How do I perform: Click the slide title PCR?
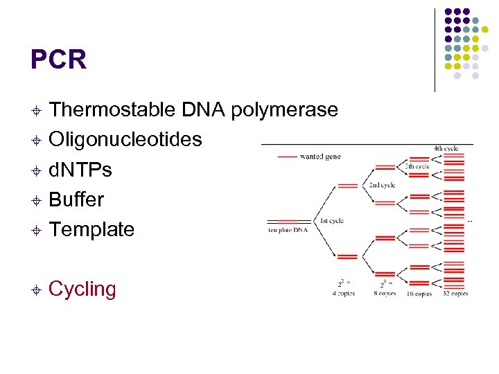click(58, 60)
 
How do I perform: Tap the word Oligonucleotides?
click(125, 140)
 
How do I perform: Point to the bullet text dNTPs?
click(80, 170)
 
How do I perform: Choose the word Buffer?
click(76, 199)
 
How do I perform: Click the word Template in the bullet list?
click(91, 229)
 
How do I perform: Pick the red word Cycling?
click(82, 289)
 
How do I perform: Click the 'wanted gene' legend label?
click(319, 157)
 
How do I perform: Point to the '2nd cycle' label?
click(382, 185)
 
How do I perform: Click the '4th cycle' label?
click(446, 148)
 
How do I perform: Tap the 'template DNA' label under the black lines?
click(288, 230)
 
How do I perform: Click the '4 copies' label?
click(342, 293)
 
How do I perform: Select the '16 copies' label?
click(419, 294)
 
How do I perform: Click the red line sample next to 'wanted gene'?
click(287, 157)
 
